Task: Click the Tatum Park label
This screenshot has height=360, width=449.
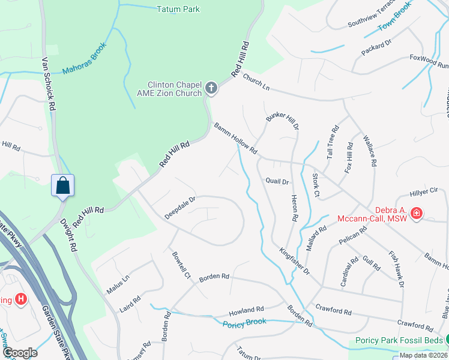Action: (x=178, y=9)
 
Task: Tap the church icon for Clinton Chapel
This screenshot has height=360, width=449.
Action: (x=211, y=89)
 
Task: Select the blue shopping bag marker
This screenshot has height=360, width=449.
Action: (x=63, y=186)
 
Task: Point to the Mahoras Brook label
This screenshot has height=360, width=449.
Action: (x=84, y=59)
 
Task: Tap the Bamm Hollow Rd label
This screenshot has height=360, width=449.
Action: (x=235, y=137)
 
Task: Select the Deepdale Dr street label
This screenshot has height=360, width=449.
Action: (x=181, y=208)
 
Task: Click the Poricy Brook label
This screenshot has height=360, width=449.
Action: (x=244, y=322)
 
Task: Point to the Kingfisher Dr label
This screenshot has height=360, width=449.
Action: (x=294, y=262)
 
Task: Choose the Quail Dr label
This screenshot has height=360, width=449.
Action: (x=277, y=181)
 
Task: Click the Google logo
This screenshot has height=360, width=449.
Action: (x=21, y=353)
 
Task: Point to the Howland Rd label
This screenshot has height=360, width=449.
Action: (x=246, y=311)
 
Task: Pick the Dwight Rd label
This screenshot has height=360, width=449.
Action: (x=68, y=234)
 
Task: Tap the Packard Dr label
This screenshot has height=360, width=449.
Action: (x=376, y=49)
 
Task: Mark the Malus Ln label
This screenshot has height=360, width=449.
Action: (x=117, y=280)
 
